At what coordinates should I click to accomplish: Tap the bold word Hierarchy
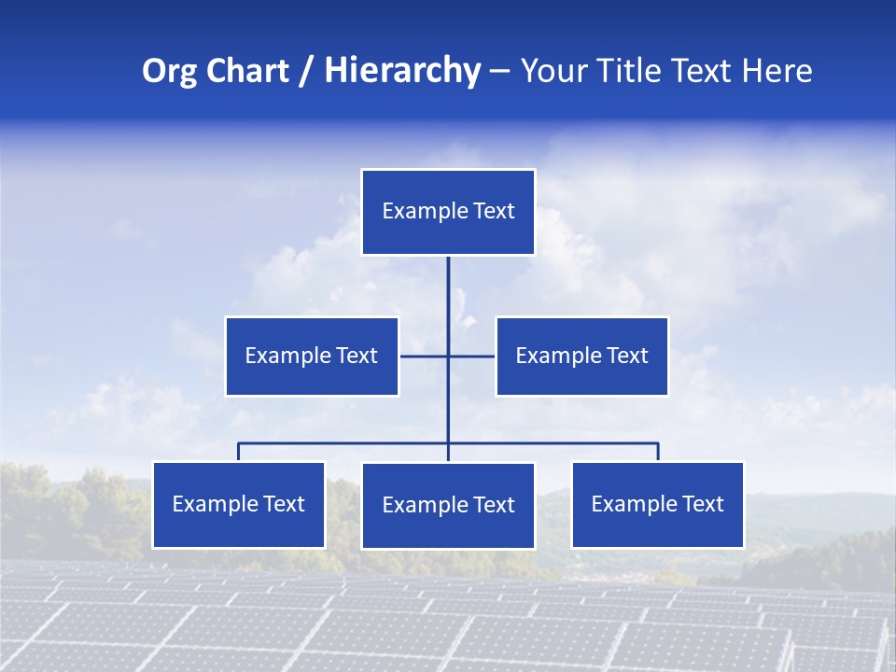402,71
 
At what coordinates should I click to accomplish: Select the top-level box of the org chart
448,212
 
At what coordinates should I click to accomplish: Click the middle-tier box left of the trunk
312,356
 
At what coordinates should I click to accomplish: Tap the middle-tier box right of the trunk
581,356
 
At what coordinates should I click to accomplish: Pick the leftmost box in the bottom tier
238,505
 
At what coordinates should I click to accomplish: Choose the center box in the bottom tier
448,506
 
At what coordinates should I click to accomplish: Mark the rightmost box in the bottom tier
657,505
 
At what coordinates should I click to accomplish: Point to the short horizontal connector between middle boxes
425,356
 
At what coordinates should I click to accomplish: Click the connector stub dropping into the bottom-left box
238,452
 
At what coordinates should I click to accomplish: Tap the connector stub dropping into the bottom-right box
658,452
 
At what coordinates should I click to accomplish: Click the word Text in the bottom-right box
702,505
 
